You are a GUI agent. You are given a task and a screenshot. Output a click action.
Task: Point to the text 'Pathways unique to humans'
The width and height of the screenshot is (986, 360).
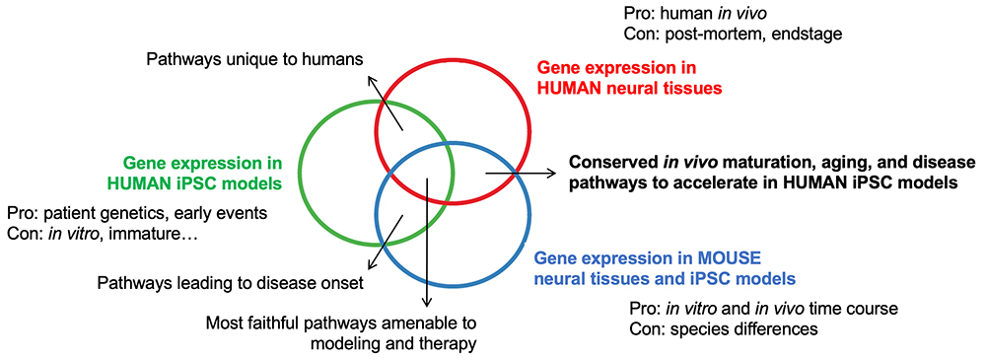click(255, 60)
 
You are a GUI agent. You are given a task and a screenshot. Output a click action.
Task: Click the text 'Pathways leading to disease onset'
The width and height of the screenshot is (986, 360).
click(230, 284)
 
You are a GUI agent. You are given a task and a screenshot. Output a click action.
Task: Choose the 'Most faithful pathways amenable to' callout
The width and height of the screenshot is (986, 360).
click(341, 324)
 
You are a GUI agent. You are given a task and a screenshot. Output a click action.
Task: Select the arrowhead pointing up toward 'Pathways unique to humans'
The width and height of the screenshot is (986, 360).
click(373, 81)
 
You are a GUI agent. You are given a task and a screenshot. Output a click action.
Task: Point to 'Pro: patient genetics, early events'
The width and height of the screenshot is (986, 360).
click(137, 213)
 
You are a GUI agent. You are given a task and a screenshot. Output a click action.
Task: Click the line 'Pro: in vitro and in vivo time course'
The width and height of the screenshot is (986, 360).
click(763, 309)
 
